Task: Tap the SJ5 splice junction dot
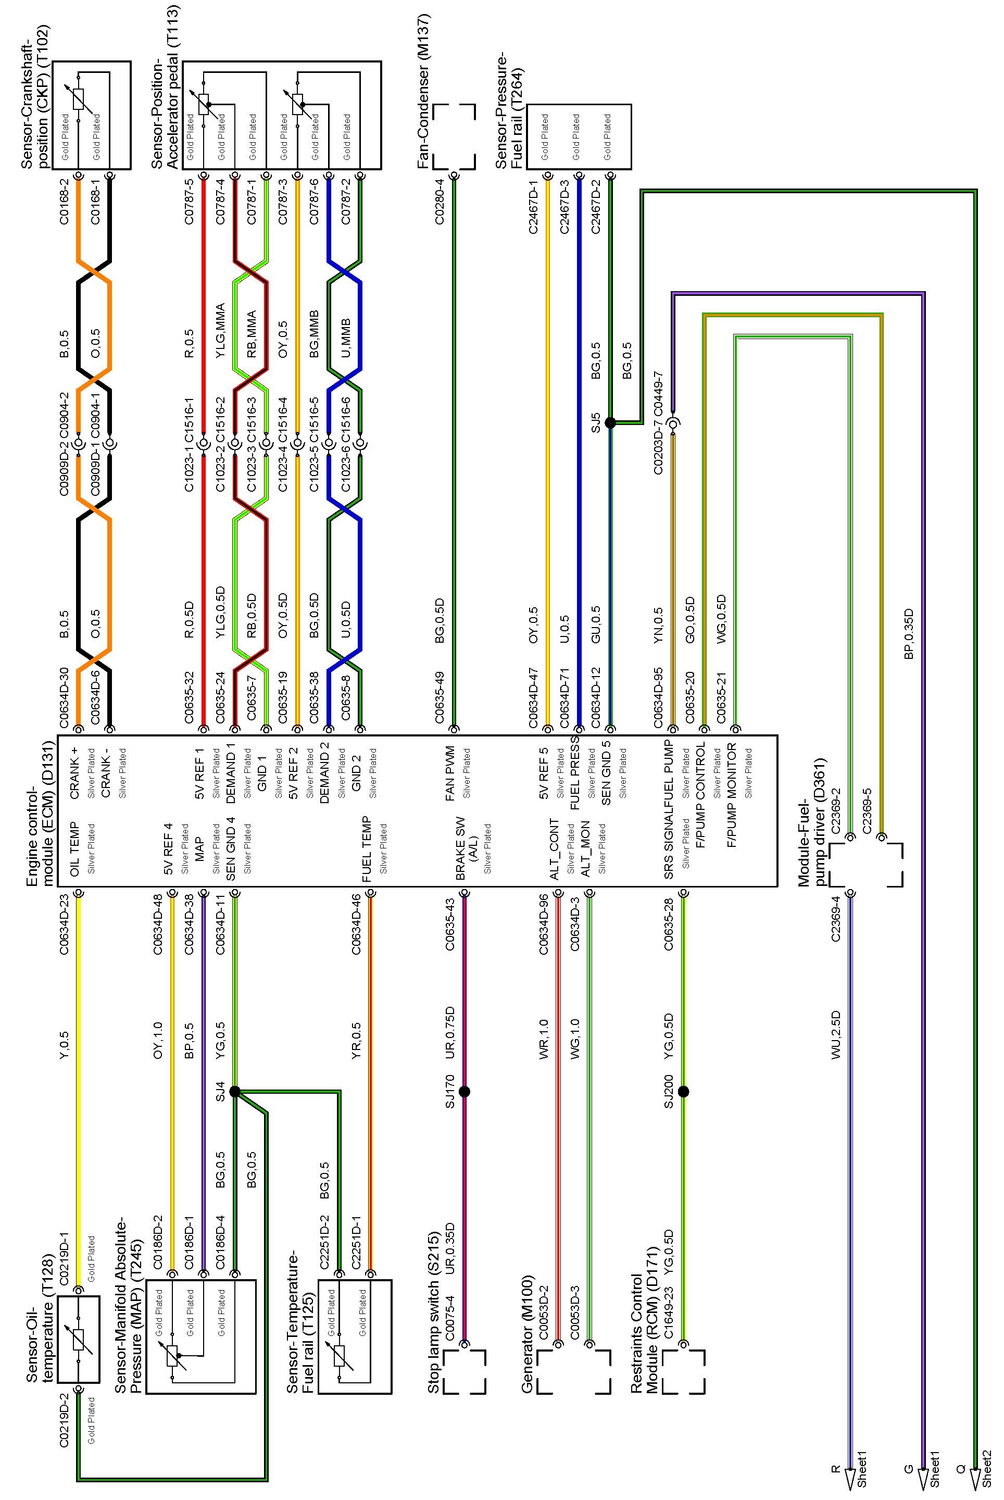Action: coord(610,423)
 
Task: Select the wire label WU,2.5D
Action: coord(836,1035)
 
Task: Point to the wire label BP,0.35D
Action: coord(909,634)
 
